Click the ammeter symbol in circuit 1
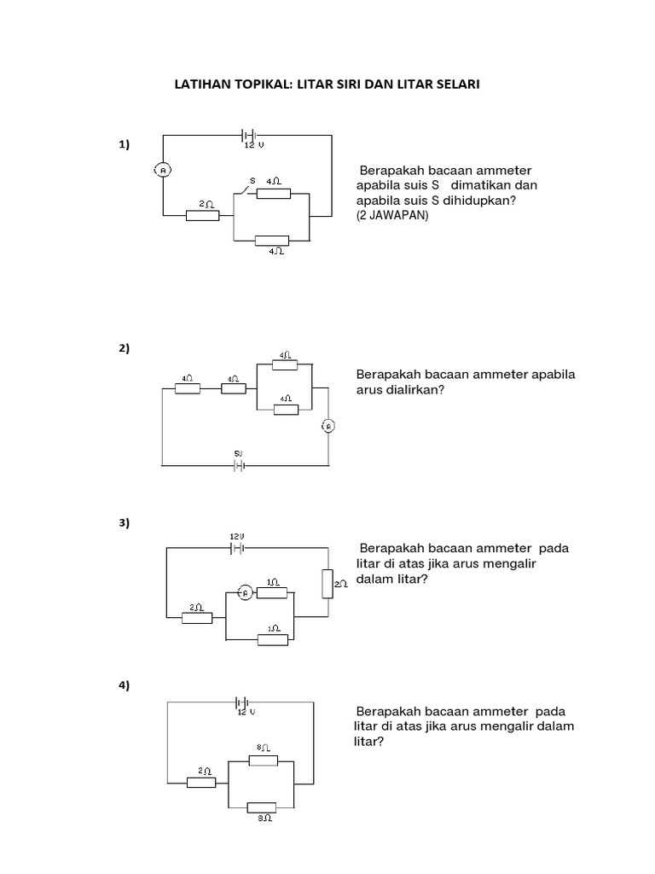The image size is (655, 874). coord(164,171)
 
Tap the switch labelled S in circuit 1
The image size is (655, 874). coord(249,189)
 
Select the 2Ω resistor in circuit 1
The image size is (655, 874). coord(203,215)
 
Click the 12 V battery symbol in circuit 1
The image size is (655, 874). coord(248,135)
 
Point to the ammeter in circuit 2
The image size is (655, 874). coord(327,427)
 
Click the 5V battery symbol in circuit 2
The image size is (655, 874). coord(239,465)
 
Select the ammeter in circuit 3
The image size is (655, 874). coord(244,593)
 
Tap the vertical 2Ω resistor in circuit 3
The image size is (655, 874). coord(327,584)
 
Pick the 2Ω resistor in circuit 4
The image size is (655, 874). coord(201,781)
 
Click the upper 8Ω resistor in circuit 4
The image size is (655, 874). coord(262,759)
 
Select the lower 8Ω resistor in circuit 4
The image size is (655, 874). coord(262,807)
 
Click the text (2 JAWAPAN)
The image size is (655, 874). coord(392,216)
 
